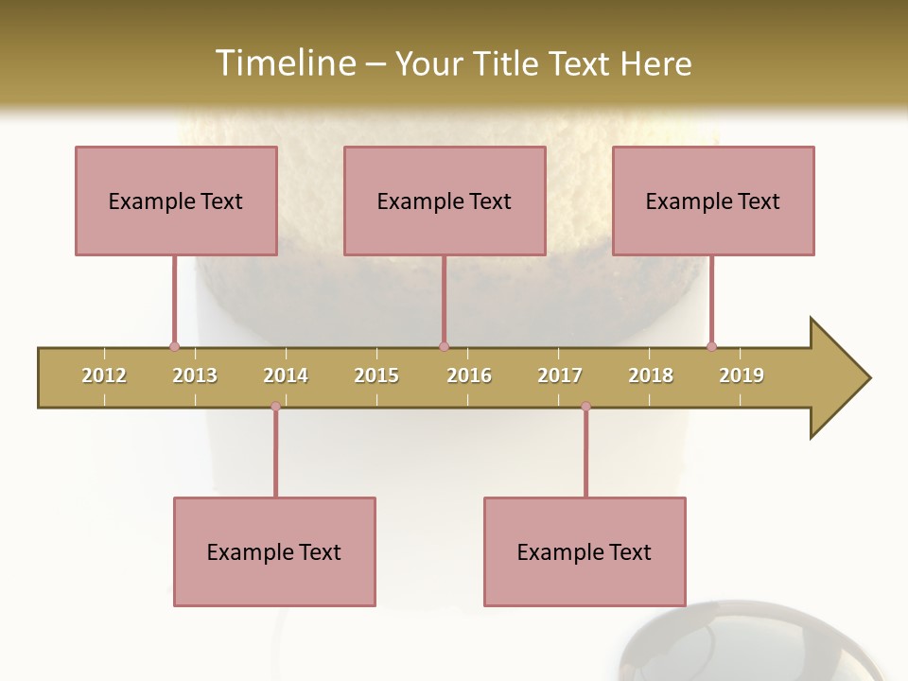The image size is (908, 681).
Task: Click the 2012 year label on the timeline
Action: click(104, 375)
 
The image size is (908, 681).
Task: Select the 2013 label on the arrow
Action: click(195, 375)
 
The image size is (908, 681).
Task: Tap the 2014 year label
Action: click(286, 375)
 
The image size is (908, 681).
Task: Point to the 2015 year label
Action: click(376, 375)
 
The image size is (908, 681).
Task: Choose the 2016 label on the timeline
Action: click(469, 375)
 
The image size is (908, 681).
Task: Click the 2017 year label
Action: click(560, 375)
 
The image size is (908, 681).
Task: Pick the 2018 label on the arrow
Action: click(651, 375)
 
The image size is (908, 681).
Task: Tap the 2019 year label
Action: click(742, 375)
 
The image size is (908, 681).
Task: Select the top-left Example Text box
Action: click(176, 201)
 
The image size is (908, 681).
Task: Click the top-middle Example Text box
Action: click(445, 201)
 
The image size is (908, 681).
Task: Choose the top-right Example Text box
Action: click(713, 201)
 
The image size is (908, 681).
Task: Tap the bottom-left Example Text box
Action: click(274, 551)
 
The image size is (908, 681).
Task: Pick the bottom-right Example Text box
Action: click(585, 551)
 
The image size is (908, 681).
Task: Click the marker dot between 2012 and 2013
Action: click(174, 346)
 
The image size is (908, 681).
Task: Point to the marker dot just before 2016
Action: click(444, 346)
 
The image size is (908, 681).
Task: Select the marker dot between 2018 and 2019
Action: click(711, 346)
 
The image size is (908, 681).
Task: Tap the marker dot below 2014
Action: click(275, 407)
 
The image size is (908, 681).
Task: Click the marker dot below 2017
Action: click(585, 407)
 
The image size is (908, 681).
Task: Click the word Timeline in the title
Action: click(285, 63)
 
